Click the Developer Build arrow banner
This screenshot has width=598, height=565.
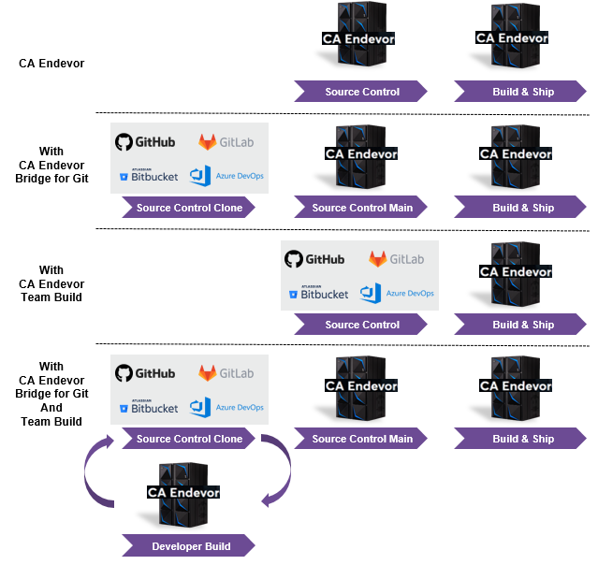click(x=190, y=546)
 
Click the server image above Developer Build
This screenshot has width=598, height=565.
click(x=183, y=494)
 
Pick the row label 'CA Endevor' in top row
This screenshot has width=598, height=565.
click(x=51, y=64)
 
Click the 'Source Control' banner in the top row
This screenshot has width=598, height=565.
click(x=361, y=92)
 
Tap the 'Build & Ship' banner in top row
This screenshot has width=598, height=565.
click(x=522, y=92)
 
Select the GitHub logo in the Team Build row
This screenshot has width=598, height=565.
click(x=314, y=259)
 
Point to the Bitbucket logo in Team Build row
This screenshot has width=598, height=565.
click(x=319, y=293)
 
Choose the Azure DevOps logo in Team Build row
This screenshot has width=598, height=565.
click(x=398, y=293)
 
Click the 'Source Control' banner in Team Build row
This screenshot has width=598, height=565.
click(x=361, y=325)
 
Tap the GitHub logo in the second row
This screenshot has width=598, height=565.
click(x=145, y=142)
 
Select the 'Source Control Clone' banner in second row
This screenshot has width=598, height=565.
click(x=189, y=208)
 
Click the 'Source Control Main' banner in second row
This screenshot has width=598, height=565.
click(x=361, y=208)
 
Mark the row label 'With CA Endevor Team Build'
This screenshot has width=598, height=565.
click(x=51, y=283)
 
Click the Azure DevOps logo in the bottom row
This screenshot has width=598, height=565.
click(x=227, y=407)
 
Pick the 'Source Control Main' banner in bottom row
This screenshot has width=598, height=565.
click(x=361, y=439)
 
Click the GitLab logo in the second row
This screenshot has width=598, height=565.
click(x=226, y=142)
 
